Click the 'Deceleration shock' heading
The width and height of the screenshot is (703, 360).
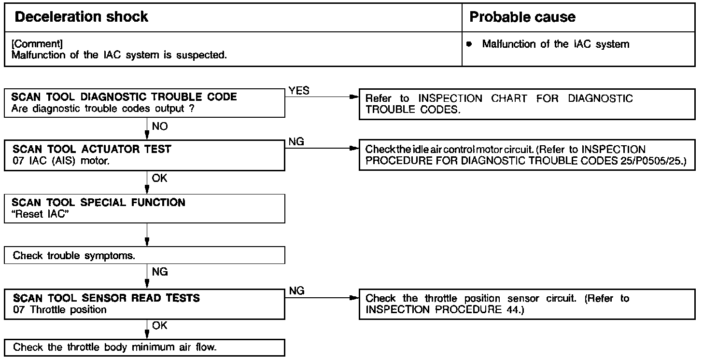pos(82,17)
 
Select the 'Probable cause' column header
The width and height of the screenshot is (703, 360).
pos(522,17)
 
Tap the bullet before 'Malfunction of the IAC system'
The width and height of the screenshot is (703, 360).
pos(469,44)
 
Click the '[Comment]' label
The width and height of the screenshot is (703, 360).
pos(37,44)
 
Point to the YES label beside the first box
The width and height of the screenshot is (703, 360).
pos(299,91)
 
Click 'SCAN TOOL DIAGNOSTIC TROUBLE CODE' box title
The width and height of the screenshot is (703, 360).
pos(125,97)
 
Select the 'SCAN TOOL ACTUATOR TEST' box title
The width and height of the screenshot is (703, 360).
pos(92,149)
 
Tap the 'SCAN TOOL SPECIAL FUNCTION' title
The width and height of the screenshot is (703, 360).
pos(99,202)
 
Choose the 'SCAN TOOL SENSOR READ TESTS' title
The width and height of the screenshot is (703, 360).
pos(106,298)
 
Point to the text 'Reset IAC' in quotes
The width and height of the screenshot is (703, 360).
pos(42,215)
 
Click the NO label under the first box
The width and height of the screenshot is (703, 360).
pos(160,126)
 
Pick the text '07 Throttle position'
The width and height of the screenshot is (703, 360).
pos(60,310)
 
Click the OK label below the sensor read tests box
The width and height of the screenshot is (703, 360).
pos(159,326)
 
